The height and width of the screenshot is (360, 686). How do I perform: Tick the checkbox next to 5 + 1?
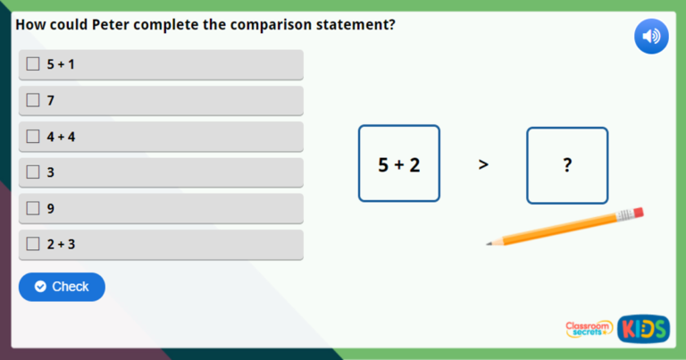point(33,64)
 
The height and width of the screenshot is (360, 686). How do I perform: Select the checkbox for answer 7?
point(33,100)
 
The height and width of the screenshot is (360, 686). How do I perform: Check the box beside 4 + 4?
point(33,137)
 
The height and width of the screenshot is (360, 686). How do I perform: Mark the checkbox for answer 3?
point(33,172)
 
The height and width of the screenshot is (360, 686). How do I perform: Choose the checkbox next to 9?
point(33,208)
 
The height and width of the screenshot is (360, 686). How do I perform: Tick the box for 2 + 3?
point(33,244)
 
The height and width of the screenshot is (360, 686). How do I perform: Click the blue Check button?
point(62,287)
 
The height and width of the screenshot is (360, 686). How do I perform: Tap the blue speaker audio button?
point(651,37)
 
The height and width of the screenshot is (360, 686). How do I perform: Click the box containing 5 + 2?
point(399,164)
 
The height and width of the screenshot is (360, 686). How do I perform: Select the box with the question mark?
point(567,165)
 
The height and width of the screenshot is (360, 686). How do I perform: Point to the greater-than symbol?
point(483,165)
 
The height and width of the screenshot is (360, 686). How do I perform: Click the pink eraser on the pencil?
point(636,213)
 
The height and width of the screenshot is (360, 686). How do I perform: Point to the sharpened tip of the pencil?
point(489,243)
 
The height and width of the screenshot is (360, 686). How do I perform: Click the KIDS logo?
point(643,329)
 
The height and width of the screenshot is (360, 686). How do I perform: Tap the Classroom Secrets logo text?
point(589,330)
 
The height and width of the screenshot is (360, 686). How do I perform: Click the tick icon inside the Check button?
point(40,287)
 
